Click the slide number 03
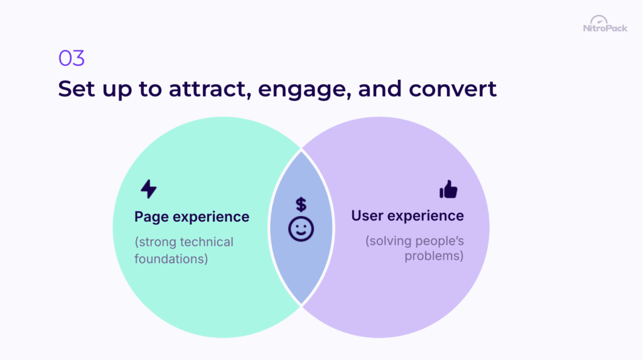(71, 58)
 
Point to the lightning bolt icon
(148, 189)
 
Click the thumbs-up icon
(448, 189)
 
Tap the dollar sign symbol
(301, 204)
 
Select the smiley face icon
(301, 229)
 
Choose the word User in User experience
(367, 216)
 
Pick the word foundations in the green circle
(171, 258)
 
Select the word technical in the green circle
(207, 242)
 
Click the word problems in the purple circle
(434, 256)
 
